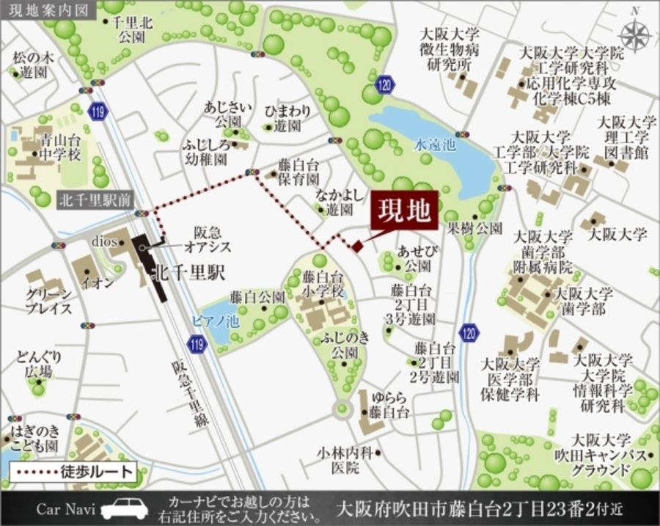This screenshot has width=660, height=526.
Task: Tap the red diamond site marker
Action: [x=356, y=246]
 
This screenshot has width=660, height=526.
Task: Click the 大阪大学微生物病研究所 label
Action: [x=449, y=49]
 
